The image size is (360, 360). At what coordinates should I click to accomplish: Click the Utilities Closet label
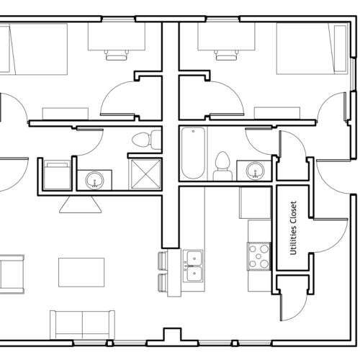293,228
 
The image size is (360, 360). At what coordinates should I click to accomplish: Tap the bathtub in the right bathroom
193,153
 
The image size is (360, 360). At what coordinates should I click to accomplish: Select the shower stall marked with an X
145,174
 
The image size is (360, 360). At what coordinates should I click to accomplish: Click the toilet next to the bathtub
222,166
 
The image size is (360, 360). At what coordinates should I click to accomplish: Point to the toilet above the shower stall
147,140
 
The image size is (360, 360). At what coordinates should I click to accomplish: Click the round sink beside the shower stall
95,180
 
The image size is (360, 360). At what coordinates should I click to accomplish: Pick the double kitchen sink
193,266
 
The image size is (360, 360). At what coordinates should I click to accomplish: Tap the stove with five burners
258,256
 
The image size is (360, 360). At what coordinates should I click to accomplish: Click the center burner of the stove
258,256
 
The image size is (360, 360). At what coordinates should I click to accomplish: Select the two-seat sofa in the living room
82,325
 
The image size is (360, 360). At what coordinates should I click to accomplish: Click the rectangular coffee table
81,272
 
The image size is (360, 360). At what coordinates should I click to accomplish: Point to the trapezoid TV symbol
81,204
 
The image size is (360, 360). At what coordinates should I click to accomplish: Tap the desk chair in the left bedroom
117,55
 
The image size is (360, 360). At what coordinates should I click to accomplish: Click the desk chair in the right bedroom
227,55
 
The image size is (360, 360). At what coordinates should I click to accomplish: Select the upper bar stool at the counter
163,262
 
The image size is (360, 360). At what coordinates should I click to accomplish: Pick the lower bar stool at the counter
163,283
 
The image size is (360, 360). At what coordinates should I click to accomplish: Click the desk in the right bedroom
226,37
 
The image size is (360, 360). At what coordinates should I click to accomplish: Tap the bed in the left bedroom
34,49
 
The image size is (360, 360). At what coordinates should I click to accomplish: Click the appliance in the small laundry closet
57,175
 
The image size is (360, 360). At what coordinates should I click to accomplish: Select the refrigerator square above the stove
255,203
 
